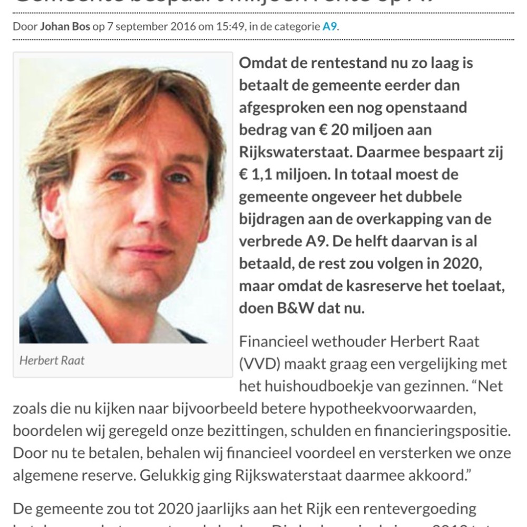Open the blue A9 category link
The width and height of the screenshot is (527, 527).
tap(329, 27)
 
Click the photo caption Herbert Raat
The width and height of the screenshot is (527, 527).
tap(52, 361)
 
